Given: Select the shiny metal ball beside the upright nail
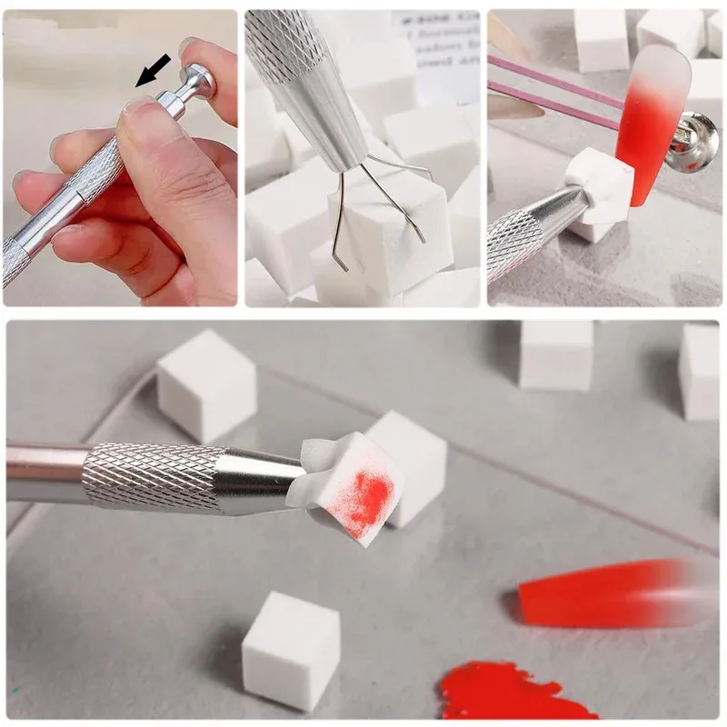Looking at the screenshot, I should pos(695,141).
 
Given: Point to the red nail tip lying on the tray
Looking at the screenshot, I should pos(609,593).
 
